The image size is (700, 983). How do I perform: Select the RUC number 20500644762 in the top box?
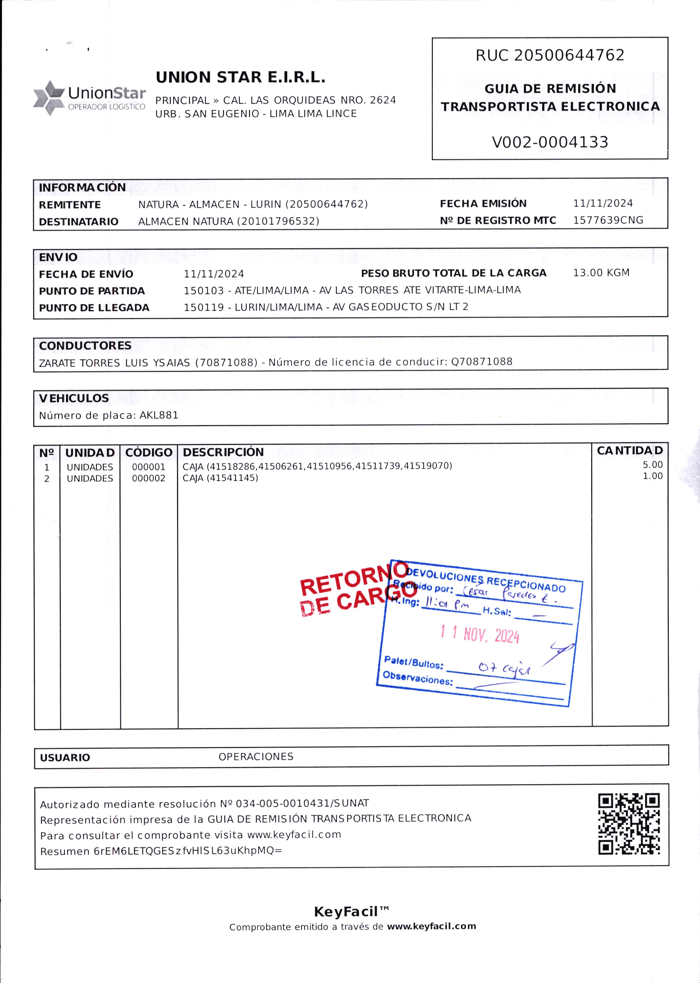[x=569, y=56]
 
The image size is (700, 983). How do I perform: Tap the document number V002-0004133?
[x=550, y=142]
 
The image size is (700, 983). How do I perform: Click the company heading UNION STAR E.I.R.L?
[x=240, y=78]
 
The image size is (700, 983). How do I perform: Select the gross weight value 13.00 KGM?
[x=601, y=273]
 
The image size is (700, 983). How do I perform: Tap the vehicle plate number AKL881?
[x=159, y=415]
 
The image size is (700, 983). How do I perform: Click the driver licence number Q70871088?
[x=481, y=362]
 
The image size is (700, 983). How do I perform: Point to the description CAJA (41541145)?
[x=220, y=478]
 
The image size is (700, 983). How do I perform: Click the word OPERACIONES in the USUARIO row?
[x=256, y=756]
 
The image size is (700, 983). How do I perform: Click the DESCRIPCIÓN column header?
[x=223, y=452]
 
